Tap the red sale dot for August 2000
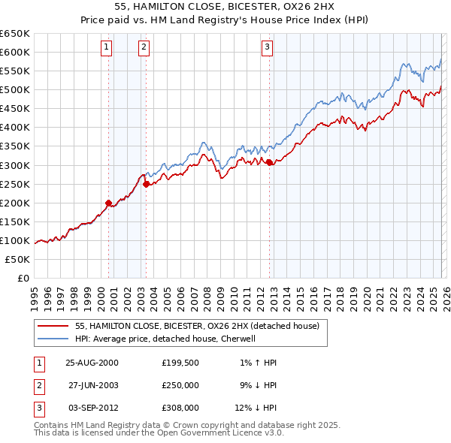point(108,202)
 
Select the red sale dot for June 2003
point(146,183)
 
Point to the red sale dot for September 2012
point(269,161)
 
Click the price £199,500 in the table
point(180,363)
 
